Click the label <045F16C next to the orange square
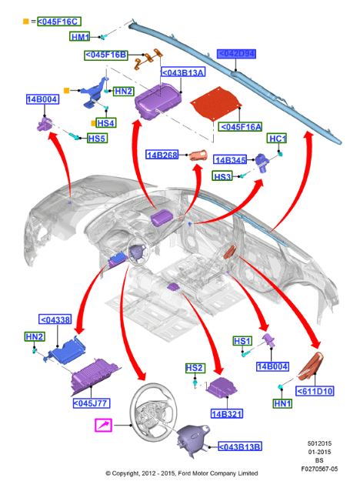coord(59,22)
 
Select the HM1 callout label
coord(80,36)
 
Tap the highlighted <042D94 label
coord(236,54)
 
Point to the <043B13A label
coord(183,72)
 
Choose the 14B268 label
coord(162,155)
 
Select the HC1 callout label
coord(277,138)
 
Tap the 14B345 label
coord(230,160)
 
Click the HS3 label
coord(222,175)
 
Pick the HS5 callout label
coord(97,138)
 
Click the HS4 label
coord(106,123)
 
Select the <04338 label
coord(55,319)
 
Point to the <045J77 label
coord(92,403)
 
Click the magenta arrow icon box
coord(104,426)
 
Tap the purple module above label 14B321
coord(222,387)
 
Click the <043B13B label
coord(240,446)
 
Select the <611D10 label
coord(315,391)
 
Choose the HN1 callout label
coord(282,403)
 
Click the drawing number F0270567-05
coord(319,469)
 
